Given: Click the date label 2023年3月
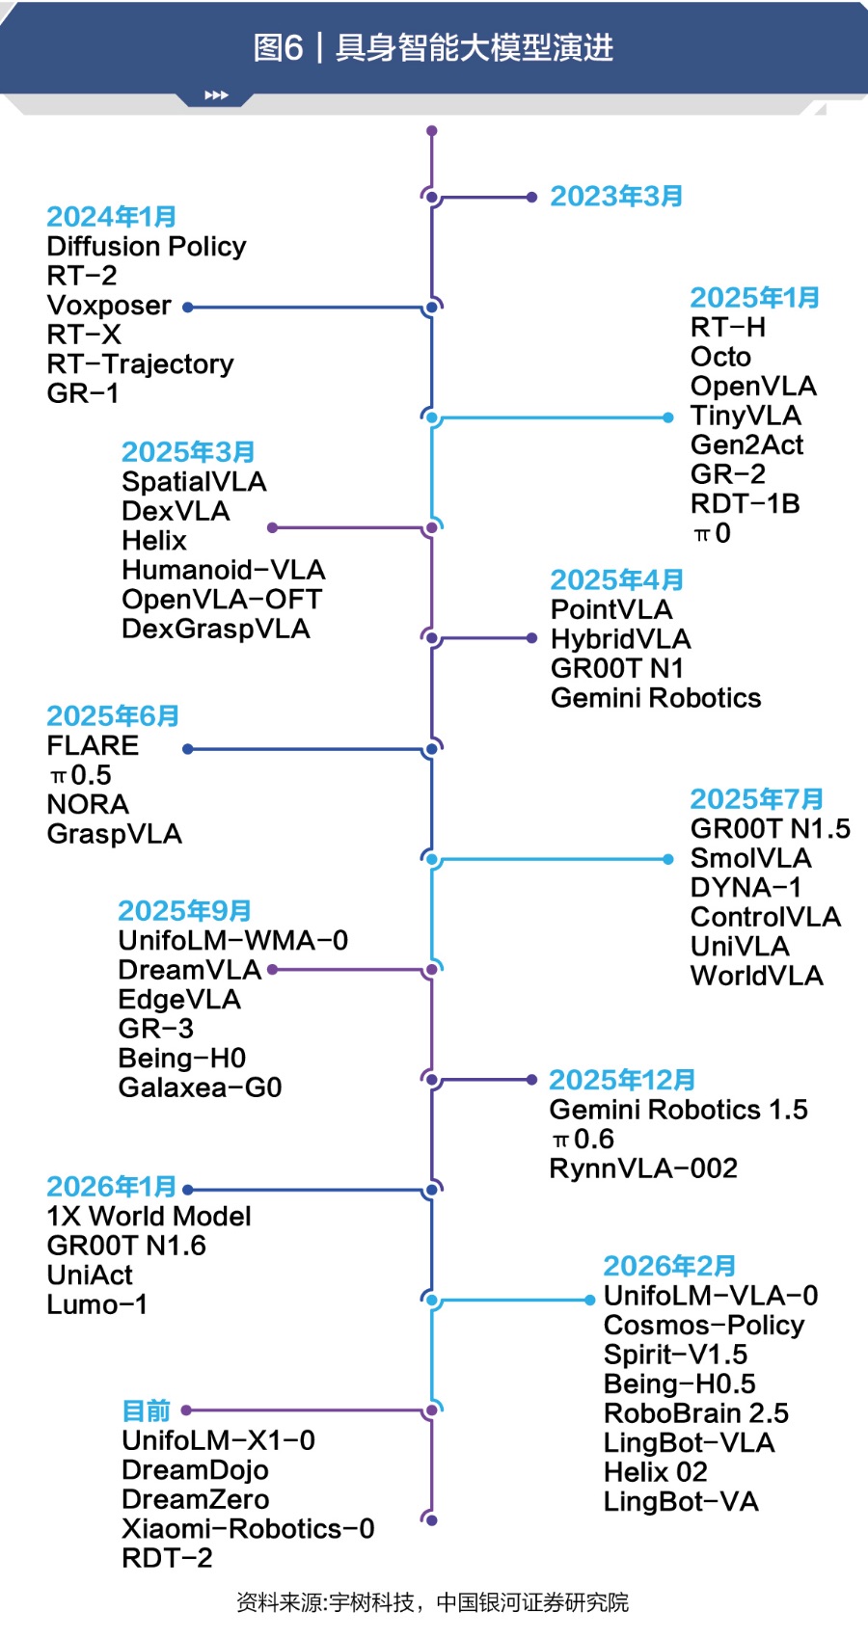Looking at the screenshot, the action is point(615,196).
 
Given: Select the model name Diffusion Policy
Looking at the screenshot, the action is point(147,247).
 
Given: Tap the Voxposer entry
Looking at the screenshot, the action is point(109,305).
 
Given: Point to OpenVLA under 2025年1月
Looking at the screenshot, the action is point(753,386).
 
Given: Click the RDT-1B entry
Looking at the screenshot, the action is point(746,504).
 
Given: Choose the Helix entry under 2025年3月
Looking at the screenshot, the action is point(154,541).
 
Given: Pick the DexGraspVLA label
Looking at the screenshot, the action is point(216,629).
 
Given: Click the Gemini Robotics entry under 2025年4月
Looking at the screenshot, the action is point(655,698).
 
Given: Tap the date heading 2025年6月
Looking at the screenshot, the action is point(113,716).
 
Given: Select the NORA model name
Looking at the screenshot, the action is point(88,804).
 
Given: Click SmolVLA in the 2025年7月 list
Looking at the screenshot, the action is point(750,858).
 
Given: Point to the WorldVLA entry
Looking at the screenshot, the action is point(757,976).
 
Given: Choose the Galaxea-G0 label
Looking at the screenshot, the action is point(200,1088).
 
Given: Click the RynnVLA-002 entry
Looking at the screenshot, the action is point(643,1168).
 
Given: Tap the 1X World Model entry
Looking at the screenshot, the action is point(149,1216).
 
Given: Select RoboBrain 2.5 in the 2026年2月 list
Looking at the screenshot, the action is point(696,1413).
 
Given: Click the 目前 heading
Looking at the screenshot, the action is point(147,1410).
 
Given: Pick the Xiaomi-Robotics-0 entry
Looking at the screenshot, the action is point(248,1528).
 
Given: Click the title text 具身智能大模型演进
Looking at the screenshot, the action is point(474,48).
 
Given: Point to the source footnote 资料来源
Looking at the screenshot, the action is point(431,1603).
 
